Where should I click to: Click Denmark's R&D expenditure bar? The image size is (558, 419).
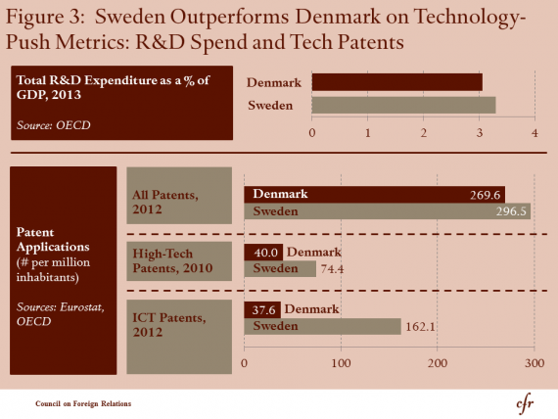pyautogui.click(x=397, y=82)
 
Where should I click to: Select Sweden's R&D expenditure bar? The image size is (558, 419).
pyautogui.click(x=403, y=105)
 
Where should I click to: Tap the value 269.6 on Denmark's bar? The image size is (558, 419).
pyautogui.click(x=485, y=195)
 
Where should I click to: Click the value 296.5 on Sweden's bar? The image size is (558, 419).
pyautogui.click(x=511, y=211)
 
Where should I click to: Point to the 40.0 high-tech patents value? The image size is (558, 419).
pyautogui.click(x=265, y=253)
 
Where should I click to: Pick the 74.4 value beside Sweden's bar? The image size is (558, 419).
pyautogui.click(x=333, y=269)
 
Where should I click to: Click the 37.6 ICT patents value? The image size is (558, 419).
pyautogui.click(x=263, y=310)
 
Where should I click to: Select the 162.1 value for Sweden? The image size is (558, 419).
pyautogui.click(x=420, y=326)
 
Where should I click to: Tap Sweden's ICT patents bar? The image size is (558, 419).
pyautogui.click(x=322, y=326)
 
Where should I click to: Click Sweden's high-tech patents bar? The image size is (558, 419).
pyautogui.click(x=280, y=269)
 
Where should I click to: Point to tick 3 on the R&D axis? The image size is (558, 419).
pyautogui.click(x=480, y=133)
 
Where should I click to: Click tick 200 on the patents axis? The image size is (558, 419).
pyautogui.click(x=438, y=363)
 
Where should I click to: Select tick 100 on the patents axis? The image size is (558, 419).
pyautogui.click(x=341, y=363)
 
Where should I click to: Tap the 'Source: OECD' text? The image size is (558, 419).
pyautogui.click(x=54, y=125)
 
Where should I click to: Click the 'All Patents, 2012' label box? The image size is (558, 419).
pyautogui.click(x=179, y=196)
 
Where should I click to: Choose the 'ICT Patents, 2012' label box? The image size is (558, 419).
pyautogui.click(x=179, y=337)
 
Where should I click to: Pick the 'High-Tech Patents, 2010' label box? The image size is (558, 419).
pyautogui.click(x=179, y=261)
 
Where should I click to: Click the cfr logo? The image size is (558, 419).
pyautogui.click(x=526, y=404)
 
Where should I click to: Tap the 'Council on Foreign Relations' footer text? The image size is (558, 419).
pyautogui.click(x=83, y=403)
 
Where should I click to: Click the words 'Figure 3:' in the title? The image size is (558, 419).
pyautogui.click(x=45, y=17)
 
